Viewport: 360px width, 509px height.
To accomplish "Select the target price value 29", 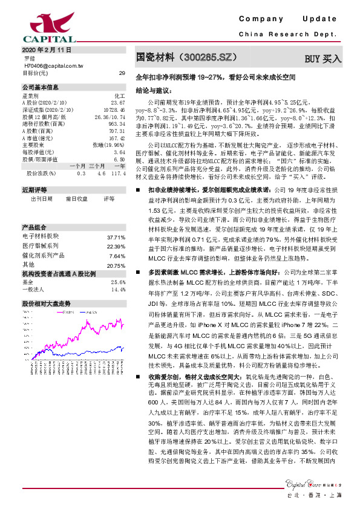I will [122, 73].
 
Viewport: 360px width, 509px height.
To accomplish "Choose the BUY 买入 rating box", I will [322, 59].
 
